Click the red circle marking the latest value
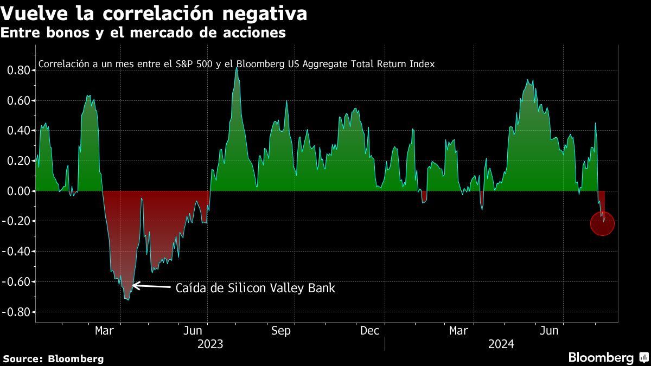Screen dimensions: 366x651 click(602, 223)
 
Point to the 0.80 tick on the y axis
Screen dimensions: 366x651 click(18, 70)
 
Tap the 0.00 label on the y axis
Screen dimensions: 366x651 click(18, 191)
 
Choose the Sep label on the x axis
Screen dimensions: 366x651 click(281, 331)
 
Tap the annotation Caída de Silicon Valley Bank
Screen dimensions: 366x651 click(256, 288)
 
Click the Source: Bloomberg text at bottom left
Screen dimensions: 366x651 click(53, 358)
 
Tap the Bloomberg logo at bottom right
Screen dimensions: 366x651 click(608, 357)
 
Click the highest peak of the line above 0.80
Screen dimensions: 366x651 click(237, 68)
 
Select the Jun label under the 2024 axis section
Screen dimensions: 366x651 click(550, 331)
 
